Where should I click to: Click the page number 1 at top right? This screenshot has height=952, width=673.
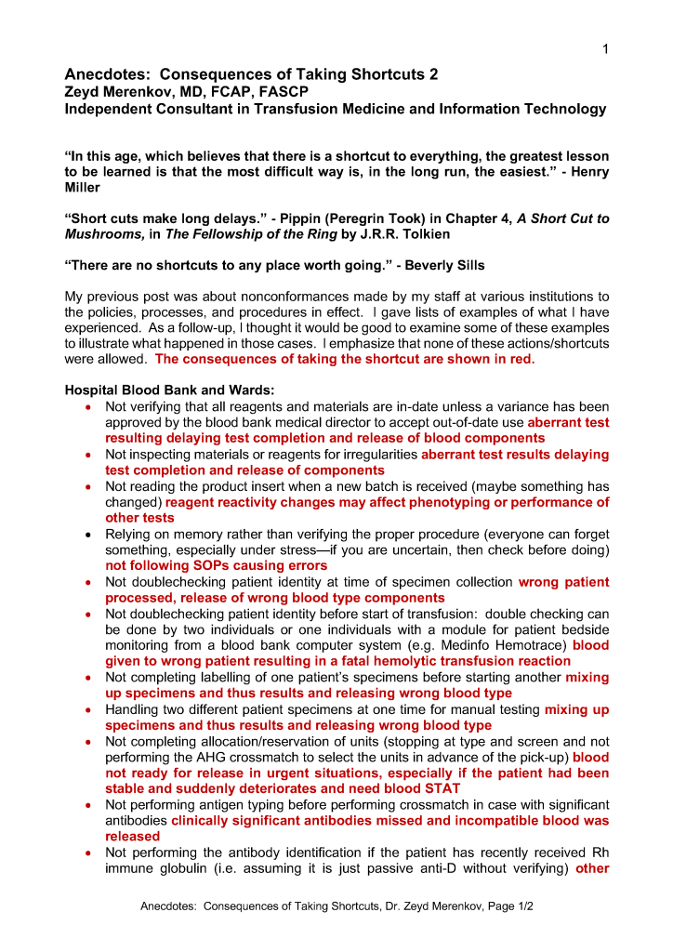pyautogui.click(x=604, y=49)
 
